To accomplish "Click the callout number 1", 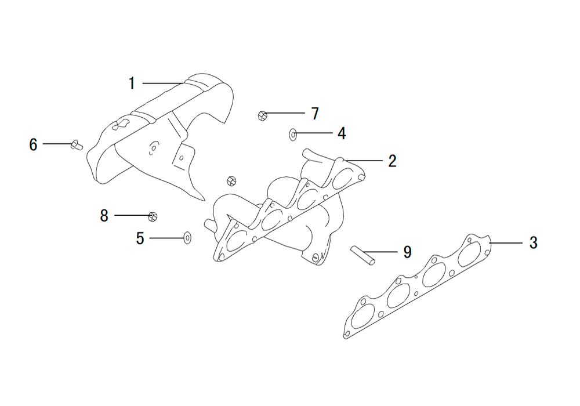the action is coord(132,83).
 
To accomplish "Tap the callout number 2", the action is coord(393,161).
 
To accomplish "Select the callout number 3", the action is coord(533,243).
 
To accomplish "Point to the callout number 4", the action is coord(342,133).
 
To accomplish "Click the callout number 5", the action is coord(140,238).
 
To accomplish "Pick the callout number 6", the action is coord(33,144).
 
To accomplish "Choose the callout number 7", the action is coord(315,114).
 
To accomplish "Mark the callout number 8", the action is coord(104,216).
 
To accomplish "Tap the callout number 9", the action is coord(407,252).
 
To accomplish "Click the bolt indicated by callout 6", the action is coord(77,145).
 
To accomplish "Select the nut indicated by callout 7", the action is coord(262,116).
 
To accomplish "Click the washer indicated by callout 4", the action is coord(292,135).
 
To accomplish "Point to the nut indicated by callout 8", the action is coord(153,217).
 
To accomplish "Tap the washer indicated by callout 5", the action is coord(187,238).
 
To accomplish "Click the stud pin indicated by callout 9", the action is coord(363,255).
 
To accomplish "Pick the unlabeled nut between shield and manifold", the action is coord(231,181).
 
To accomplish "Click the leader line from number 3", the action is coord(506,243).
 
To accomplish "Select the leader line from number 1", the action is coord(163,83).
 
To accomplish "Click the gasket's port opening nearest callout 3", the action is coord(469,255).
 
